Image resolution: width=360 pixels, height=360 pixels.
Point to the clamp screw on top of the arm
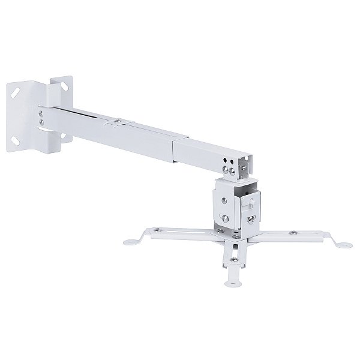tap(113, 124)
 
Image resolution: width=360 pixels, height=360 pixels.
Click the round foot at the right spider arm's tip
tap(343, 245)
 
